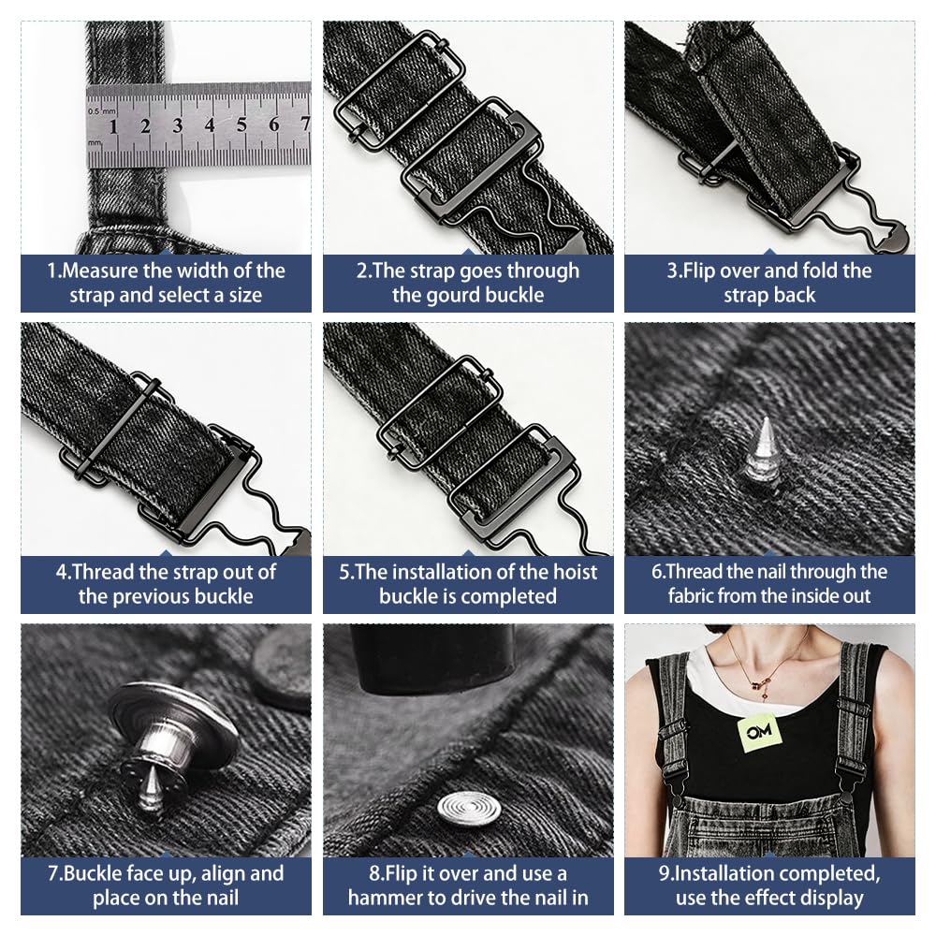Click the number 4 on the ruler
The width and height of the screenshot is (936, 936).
pos(210,124)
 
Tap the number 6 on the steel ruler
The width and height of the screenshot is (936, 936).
pos(273,124)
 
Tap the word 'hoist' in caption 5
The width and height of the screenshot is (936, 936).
pos(576,572)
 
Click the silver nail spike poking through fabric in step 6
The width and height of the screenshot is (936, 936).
pos(762,449)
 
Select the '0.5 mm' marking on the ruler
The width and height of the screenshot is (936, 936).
pos(102,111)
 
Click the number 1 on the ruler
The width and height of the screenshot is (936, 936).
pos(113,126)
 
